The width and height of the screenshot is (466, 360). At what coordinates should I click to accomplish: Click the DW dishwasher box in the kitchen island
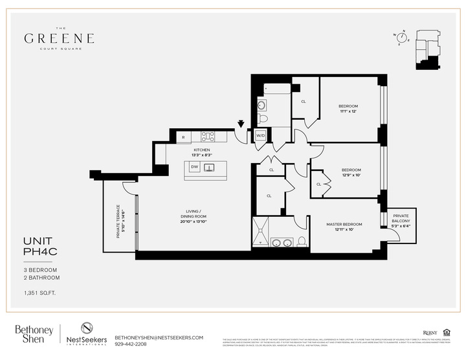click(194, 167)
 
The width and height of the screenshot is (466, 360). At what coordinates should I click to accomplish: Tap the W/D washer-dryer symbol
click(260, 136)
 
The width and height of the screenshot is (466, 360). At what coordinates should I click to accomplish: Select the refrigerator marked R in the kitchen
click(183, 137)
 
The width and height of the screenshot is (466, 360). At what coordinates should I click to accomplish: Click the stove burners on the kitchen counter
click(208, 137)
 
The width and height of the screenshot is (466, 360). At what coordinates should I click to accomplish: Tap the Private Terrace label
click(118, 221)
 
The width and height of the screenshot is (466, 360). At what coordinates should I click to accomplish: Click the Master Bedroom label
click(344, 224)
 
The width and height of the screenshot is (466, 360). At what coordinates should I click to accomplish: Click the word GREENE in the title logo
click(60, 38)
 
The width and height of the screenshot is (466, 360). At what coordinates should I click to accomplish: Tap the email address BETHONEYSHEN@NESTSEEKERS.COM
click(159, 337)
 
